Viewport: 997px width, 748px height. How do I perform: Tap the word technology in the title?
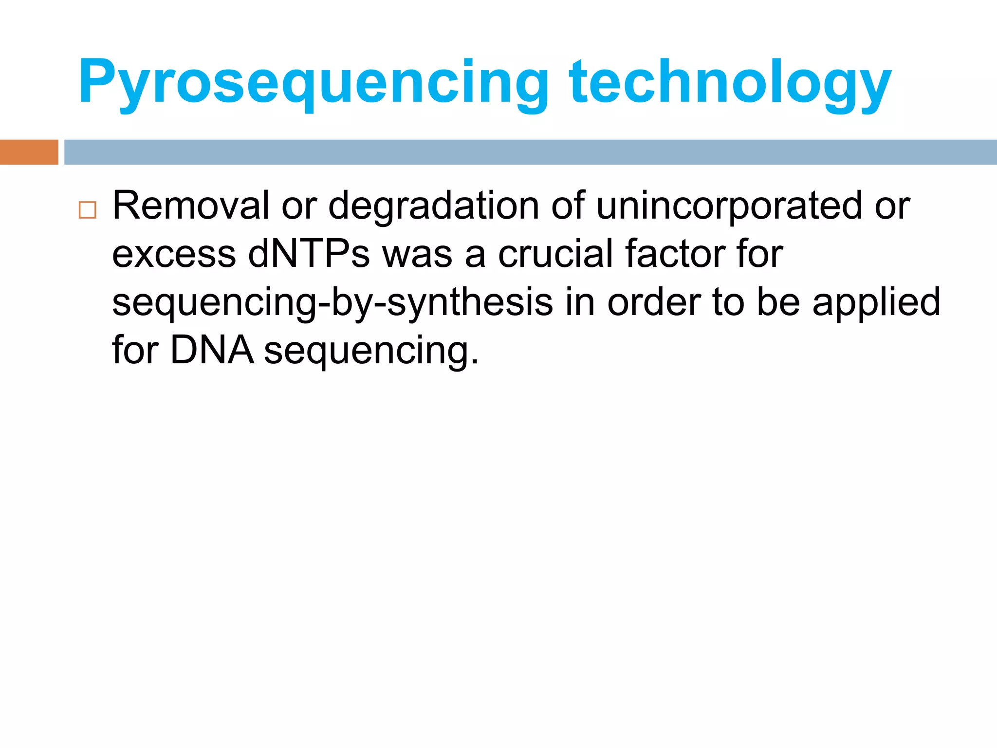[730, 83]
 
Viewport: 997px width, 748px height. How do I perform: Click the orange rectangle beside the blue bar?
[29, 152]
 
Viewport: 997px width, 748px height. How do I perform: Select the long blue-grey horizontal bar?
[531, 152]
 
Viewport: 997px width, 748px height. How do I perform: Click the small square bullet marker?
[88, 210]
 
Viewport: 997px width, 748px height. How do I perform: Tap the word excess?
[174, 255]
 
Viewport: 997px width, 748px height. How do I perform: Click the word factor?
[675, 254]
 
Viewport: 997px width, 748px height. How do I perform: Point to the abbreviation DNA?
[212, 350]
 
